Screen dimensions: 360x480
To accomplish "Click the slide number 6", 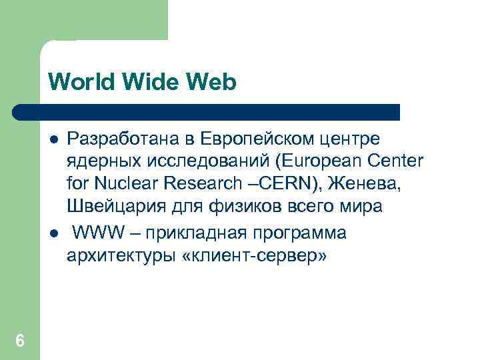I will click(x=20, y=341).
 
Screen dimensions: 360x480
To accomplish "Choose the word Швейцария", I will click(x=105, y=206).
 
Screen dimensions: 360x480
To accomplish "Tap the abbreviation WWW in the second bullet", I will click(x=93, y=233).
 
